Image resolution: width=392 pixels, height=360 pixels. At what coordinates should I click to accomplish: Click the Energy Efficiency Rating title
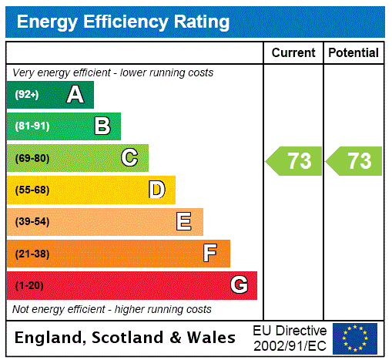pyautogui.click(x=123, y=22)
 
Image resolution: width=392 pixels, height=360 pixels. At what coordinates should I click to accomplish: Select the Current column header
pyautogui.click(x=293, y=53)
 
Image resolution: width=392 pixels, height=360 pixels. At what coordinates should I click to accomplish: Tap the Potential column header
pyautogui.click(x=353, y=53)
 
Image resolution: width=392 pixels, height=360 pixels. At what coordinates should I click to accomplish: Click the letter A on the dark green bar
pyautogui.click(x=75, y=95)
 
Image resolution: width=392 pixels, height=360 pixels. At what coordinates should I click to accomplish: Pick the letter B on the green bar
pyautogui.click(x=102, y=126)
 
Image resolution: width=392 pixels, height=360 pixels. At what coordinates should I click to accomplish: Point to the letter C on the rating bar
pyautogui.click(x=129, y=158)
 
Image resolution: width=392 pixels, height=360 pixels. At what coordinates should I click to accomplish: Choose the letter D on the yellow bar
pyautogui.click(x=156, y=190)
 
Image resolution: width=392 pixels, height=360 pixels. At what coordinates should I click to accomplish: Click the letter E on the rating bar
pyautogui.click(x=184, y=222)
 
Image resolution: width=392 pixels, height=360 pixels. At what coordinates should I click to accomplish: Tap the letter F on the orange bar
pyautogui.click(x=210, y=254)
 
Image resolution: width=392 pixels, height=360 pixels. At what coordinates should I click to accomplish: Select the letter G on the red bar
pyautogui.click(x=239, y=285)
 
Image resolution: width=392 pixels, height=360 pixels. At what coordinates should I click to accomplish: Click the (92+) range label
pyautogui.click(x=27, y=95)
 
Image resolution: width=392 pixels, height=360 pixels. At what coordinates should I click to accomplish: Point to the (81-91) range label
pyautogui.click(x=32, y=126)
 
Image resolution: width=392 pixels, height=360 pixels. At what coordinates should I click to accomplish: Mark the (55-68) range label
pyautogui.click(x=32, y=190)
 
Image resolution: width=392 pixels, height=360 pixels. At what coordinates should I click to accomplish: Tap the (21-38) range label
pyautogui.click(x=32, y=254)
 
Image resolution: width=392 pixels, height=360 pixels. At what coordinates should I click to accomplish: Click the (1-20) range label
pyautogui.click(x=29, y=285)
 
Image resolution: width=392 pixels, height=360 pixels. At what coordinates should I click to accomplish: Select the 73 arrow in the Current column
pyautogui.click(x=295, y=161)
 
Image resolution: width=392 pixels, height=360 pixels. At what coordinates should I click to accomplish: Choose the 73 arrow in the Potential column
pyautogui.click(x=354, y=161)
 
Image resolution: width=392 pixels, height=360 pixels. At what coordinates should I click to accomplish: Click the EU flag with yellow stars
pyautogui.click(x=355, y=338)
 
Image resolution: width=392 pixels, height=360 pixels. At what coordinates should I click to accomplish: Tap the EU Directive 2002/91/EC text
pyautogui.click(x=290, y=338)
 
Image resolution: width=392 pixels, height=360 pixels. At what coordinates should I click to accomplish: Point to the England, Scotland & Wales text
pyautogui.click(x=126, y=338)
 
